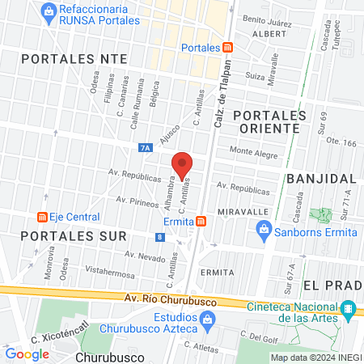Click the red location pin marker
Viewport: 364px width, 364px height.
coord(182,165)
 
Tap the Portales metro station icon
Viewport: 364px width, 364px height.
coord(228,47)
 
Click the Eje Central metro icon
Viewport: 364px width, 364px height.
coord(40,217)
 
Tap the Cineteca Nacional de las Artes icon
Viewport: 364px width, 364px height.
coord(349,309)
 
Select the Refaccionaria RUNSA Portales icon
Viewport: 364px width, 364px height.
coord(50,11)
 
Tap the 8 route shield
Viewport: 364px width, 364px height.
coord(160,237)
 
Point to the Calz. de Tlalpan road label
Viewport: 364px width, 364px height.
coord(220,87)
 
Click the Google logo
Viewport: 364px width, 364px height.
coord(27,353)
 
